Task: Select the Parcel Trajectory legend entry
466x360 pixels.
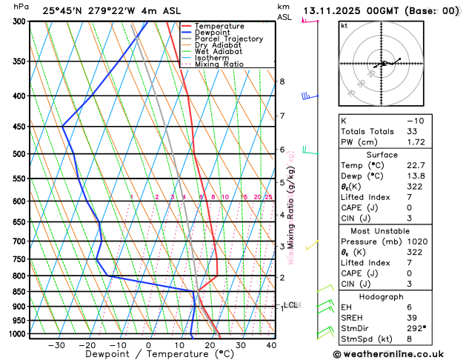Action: pos(229,39)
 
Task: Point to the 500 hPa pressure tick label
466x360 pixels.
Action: pos(20,154)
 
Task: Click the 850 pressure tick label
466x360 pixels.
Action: pos(20,292)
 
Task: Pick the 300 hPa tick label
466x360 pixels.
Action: pos(20,21)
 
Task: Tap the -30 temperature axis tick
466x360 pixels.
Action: pos(56,345)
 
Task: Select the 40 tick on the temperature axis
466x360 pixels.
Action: pos(271,345)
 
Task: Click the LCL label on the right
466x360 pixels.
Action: pos(291,304)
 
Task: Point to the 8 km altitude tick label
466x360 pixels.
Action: pos(282,81)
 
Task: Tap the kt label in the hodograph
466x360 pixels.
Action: pos(344,26)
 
